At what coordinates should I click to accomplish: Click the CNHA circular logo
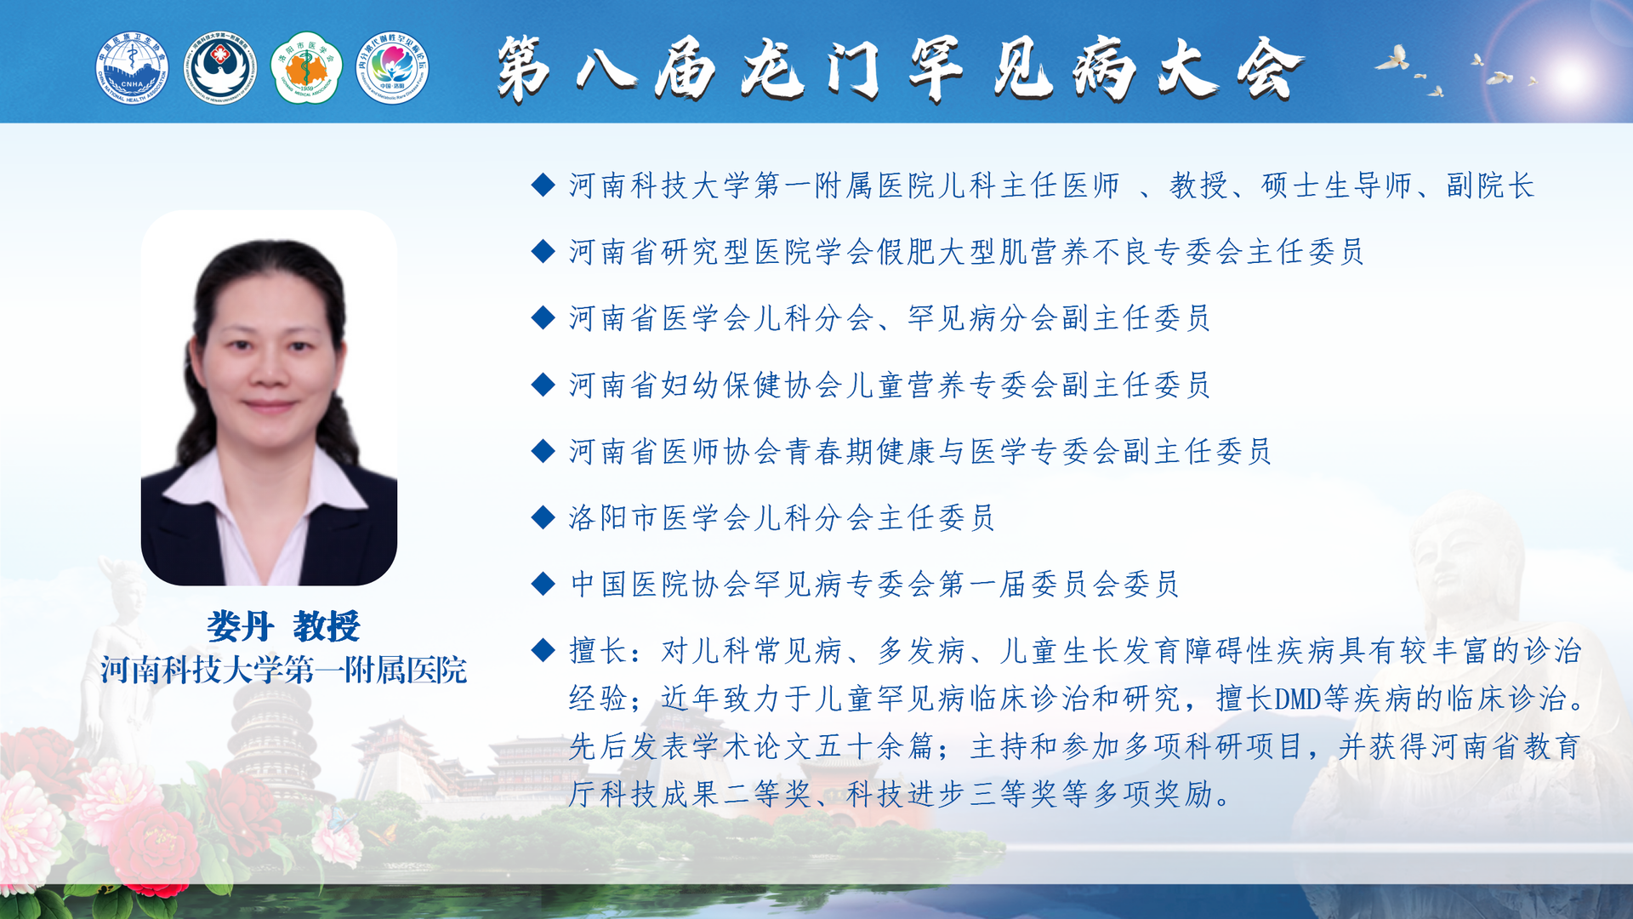[x=132, y=68]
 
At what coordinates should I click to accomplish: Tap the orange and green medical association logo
[x=306, y=68]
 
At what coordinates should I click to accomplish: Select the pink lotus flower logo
[x=392, y=68]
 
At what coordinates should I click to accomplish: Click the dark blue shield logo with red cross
[x=220, y=68]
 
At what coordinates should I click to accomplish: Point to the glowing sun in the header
[x=1570, y=77]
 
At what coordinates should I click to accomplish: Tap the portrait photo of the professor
[x=269, y=398]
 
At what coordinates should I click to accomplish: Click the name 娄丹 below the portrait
[x=240, y=627]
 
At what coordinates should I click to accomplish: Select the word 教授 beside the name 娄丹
[x=327, y=627]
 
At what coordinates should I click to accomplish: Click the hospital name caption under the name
[x=283, y=671]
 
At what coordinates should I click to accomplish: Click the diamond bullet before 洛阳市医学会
[x=543, y=517]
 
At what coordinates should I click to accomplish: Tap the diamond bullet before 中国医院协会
[x=543, y=583]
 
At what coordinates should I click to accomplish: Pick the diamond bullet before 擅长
[x=543, y=650]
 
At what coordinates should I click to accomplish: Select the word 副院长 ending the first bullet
[x=1490, y=186]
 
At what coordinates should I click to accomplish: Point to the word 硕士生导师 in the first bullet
[x=1336, y=186]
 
